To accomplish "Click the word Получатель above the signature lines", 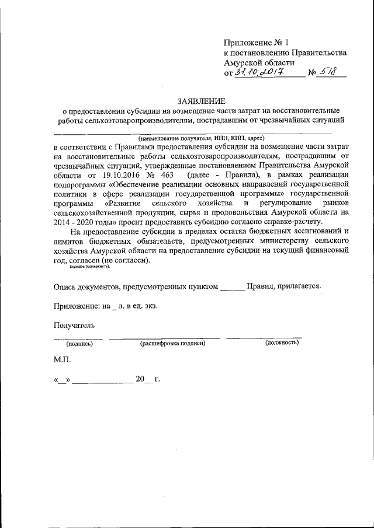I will pyautogui.click(x=74, y=325).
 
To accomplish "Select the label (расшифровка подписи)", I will pyautogui.click(x=172, y=343).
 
